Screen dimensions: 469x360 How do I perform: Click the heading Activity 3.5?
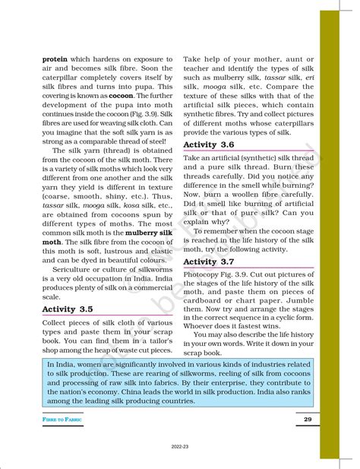(x=68, y=309)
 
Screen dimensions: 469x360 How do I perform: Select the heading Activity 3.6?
(x=209, y=144)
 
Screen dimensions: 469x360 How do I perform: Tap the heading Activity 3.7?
(x=209, y=262)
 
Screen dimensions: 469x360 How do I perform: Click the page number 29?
(x=307, y=420)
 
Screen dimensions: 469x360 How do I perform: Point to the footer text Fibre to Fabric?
(x=62, y=420)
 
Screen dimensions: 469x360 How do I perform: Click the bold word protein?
(x=55, y=59)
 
